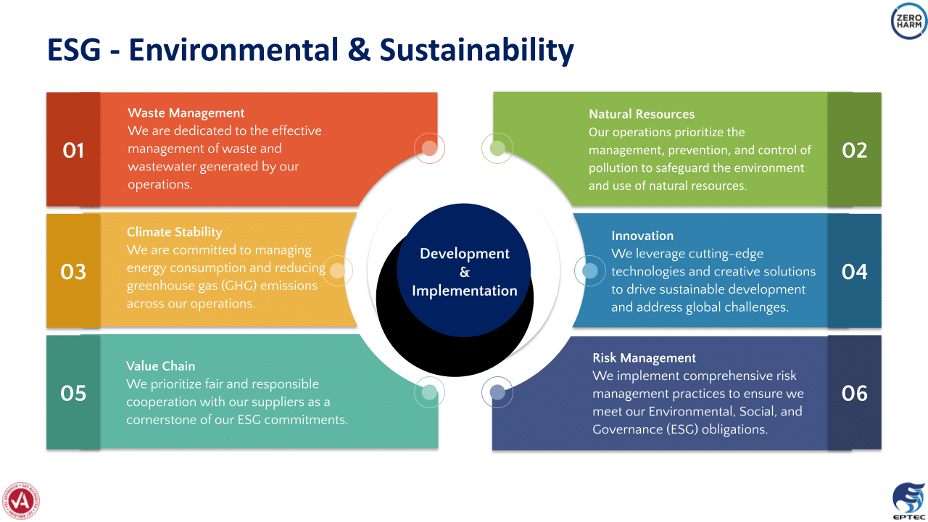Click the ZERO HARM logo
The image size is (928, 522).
click(909, 21)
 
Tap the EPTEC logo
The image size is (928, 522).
click(909, 501)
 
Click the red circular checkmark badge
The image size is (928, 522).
click(21, 501)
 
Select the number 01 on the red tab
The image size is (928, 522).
click(73, 150)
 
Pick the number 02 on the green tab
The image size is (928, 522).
click(854, 150)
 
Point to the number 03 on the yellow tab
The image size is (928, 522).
click(73, 272)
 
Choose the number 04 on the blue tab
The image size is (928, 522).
click(854, 272)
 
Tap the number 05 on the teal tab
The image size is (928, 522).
click(73, 393)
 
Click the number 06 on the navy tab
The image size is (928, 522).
click(854, 393)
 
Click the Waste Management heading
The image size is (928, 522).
click(186, 113)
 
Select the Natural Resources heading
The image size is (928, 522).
click(642, 114)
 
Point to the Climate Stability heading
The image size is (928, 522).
click(175, 232)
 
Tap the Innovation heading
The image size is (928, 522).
click(642, 236)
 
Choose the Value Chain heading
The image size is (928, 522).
click(160, 366)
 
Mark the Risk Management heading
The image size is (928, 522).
click(645, 358)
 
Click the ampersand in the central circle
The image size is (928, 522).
click(465, 272)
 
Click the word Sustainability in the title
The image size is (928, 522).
click(476, 50)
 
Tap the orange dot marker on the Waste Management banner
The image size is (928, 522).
click(429, 148)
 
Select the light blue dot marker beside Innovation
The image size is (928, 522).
click(590, 271)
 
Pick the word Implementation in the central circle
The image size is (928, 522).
click(465, 291)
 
